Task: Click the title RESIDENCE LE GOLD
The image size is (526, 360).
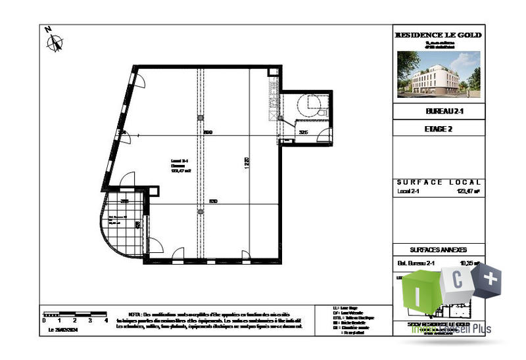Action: coord(437,35)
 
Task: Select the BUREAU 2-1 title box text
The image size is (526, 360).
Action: coord(437,112)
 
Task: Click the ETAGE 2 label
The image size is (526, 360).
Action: coord(437,129)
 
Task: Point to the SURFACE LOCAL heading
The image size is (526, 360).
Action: coord(439,182)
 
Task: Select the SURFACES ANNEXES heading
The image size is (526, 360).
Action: coord(438,250)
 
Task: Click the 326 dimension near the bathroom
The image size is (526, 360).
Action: coord(303,133)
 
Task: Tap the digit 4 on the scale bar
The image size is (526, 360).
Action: coord(107,321)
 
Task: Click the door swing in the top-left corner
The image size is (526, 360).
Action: coord(139,81)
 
